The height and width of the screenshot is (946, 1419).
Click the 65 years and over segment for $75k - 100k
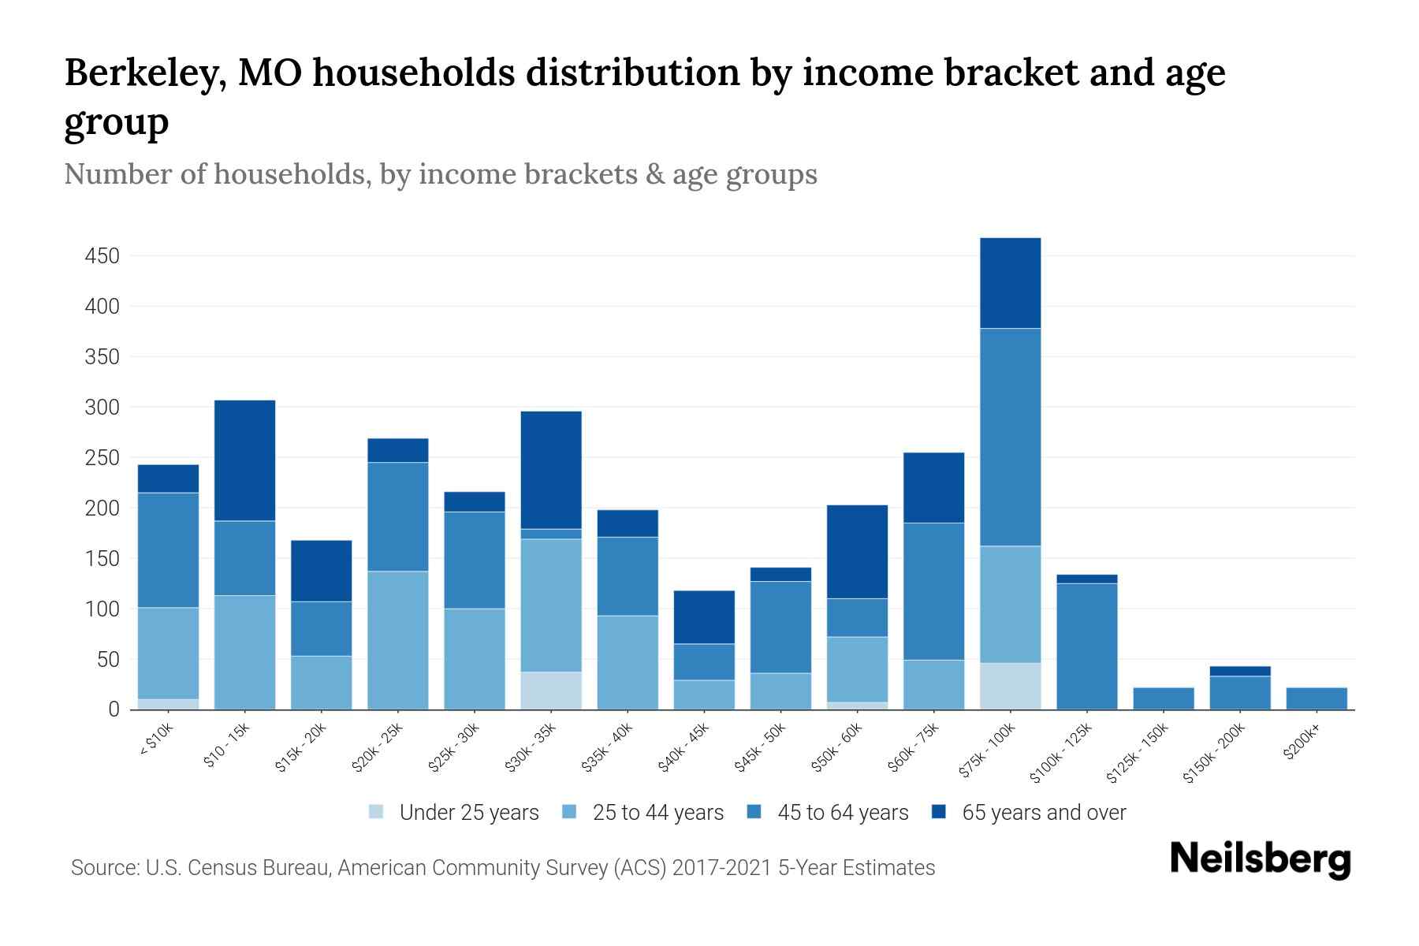(1010, 283)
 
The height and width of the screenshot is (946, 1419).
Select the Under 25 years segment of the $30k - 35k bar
(551, 691)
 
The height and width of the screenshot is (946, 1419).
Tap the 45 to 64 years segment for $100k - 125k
(1086, 646)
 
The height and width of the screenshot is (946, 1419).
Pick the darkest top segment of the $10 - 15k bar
(244, 460)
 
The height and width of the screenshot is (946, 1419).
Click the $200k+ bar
(1316, 698)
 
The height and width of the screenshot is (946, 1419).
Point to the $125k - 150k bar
(1163, 698)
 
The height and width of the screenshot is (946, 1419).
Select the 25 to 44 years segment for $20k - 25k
(398, 640)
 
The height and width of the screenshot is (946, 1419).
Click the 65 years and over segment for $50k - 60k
(857, 551)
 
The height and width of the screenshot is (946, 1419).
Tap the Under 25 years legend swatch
(377, 812)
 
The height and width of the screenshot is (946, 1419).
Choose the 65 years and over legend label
(1044, 813)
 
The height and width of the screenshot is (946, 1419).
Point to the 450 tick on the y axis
(102, 256)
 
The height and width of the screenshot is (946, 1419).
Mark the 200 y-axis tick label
(102, 508)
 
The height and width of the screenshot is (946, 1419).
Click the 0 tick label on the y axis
(114, 709)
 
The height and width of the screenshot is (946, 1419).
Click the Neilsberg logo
(1260, 859)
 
